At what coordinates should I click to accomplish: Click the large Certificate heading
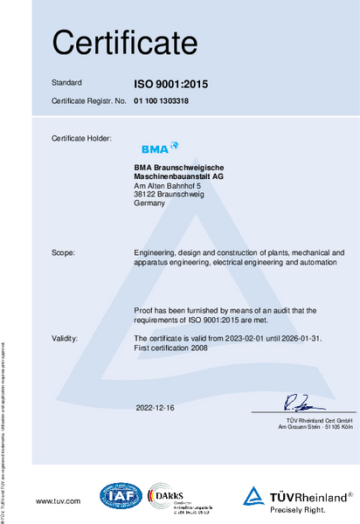click(x=125, y=41)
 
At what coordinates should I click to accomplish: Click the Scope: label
click(x=64, y=252)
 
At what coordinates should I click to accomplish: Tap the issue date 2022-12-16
click(x=155, y=408)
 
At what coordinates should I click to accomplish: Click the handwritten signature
click(x=293, y=403)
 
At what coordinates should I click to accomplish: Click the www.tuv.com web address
click(x=58, y=500)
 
